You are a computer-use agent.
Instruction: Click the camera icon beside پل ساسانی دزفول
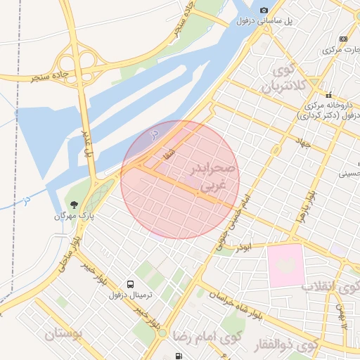click(264, 10)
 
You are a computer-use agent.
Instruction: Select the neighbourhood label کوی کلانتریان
click(286, 79)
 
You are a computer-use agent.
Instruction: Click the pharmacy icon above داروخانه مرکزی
click(328, 96)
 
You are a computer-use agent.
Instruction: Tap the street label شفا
click(168, 151)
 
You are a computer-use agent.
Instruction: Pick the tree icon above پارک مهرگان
click(74, 204)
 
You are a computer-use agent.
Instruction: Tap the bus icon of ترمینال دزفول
click(131, 283)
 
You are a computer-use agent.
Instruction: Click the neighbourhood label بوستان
click(64, 333)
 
